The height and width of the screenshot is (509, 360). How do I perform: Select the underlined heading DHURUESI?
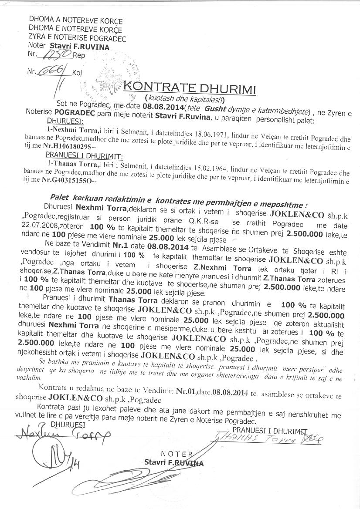(65, 119)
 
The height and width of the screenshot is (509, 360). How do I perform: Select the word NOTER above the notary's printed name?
(177, 455)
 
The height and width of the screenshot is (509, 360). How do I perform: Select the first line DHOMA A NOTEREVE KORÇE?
(75, 20)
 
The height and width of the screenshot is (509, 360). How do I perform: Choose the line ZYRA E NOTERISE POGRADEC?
(77, 39)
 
